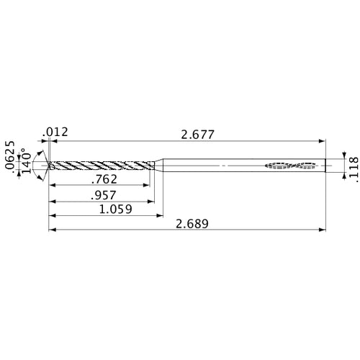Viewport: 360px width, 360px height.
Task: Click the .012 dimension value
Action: [x=55, y=132]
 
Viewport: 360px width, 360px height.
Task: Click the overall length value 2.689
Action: [x=192, y=224]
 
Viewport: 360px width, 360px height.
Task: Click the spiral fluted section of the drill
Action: [x=101, y=166]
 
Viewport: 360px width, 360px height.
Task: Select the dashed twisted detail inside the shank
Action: [x=291, y=166]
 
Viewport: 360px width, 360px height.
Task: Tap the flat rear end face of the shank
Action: [x=324, y=166]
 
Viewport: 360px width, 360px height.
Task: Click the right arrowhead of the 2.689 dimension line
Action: [x=320, y=231]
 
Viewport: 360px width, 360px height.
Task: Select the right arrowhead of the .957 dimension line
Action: [x=154, y=201]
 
